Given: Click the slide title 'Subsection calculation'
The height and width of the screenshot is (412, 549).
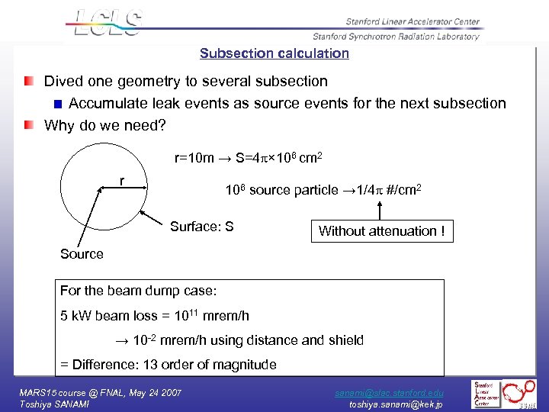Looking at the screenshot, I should pyautogui.click(x=274, y=53).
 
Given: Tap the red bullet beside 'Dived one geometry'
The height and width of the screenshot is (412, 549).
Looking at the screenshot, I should pyautogui.click(x=28, y=81).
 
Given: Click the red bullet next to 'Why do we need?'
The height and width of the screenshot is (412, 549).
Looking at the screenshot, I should pyautogui.click(x=28, y=125).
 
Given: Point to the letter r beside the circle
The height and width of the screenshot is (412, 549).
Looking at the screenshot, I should pyautogui.click(x=122, y=181).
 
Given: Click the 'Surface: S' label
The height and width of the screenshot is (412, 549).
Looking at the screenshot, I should pyautogui.click(x=201, y=227).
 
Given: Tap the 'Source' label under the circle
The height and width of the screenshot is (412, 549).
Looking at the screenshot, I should pyautogui.click(x=82, y=254).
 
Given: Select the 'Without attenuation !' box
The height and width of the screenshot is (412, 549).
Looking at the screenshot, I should pyautogui.click(x=381, y=230).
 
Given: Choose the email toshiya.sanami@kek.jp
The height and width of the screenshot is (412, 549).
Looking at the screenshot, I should pyautogui.click(x=396, y=404).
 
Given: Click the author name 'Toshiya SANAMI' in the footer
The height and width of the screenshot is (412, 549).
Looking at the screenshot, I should pyautogui.click(x=54, y=404).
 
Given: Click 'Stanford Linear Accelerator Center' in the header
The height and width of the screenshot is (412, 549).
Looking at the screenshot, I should pyautogui.click(x=412, y=21).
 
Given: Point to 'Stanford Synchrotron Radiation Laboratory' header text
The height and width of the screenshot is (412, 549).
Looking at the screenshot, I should pyautogui.click(x=396, y=36).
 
